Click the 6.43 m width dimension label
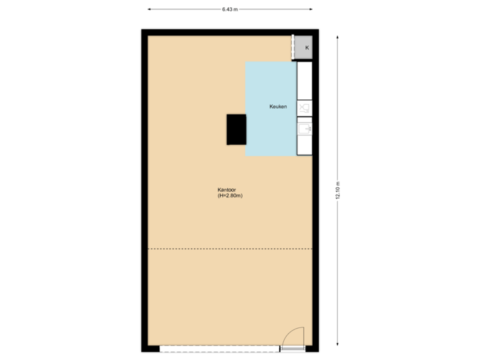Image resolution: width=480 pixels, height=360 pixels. click(x=230, y=9)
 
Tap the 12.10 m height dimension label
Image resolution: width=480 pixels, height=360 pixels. click(x=338, y=191)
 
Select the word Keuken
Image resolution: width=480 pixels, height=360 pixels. click(x=278, y=107)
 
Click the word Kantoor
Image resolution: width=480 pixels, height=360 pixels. click(x=227, y=190)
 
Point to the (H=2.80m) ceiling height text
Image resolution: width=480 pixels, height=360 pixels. click(x=229, y=196)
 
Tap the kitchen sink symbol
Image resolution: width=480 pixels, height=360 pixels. click(x=304, y=128)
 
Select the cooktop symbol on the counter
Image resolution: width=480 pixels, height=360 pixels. click(x=304, y=108)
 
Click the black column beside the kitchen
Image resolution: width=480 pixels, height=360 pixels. click(x=236, y=129)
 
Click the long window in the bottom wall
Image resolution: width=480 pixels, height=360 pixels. click(x=220, y=348)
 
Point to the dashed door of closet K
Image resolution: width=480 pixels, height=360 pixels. click(x=293, y=48)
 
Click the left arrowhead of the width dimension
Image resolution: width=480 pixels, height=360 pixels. click(x=149, y=9)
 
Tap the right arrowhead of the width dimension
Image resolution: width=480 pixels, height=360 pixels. click(x=311, y=9)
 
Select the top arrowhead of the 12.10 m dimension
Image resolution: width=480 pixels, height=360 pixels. click(x=338, y=31)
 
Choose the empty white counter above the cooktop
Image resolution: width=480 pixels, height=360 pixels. click(x=304, y=81)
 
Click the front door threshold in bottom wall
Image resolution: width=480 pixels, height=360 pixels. click(x=292, y=348)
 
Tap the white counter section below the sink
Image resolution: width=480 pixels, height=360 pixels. click(x=304, y=145)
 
